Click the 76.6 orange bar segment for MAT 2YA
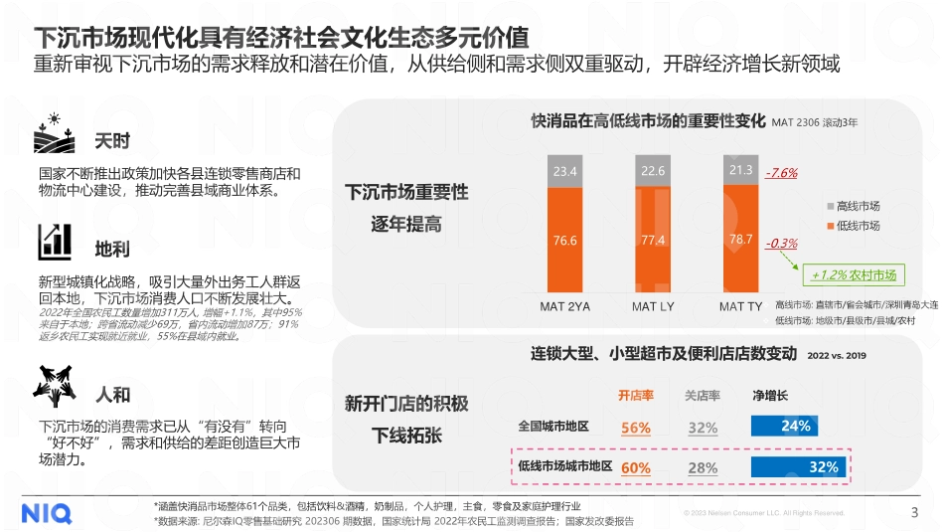pos(565,240)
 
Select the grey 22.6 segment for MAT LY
pos(653,171)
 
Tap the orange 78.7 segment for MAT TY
pos(740,240)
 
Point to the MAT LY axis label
pos(653,306)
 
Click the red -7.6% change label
pos(782,173)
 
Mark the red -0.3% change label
pos(782,244)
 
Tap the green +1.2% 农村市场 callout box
pos(854,275)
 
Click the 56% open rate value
pos(635,428)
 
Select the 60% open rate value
pos(635,467)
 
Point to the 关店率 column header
pos(702,396)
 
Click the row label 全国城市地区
pos(553,427)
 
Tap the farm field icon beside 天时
pos(55,139)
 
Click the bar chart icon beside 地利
pos(55,242)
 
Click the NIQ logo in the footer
pos(47,513)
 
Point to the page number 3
pos(914,513)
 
